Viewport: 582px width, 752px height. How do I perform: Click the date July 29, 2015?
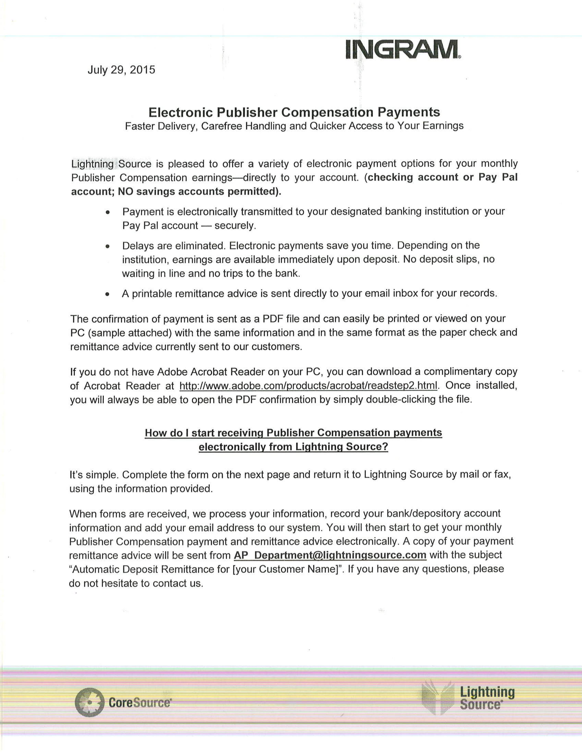click(121, 70)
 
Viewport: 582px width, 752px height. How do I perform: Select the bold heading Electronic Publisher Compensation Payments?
click(294, 112)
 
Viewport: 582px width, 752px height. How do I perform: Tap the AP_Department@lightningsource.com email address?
click(330, 555)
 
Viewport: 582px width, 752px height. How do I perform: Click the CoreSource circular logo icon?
click(89, 702)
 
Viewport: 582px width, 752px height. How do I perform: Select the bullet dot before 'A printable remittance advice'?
click(108, 294)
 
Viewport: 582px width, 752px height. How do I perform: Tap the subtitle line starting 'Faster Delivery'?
click(294, 126)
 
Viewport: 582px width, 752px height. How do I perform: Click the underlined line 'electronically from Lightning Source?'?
click(293, 447)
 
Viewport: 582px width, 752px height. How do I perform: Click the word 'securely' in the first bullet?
click(234, 226)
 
